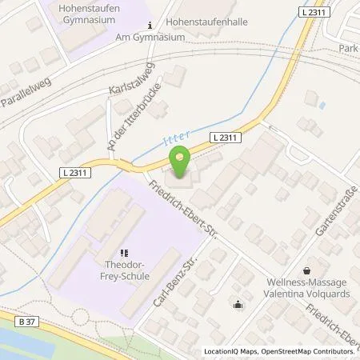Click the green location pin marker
pyautogui.click(x=180, y=162)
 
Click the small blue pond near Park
pyautogui.click(x=322, y=105)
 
